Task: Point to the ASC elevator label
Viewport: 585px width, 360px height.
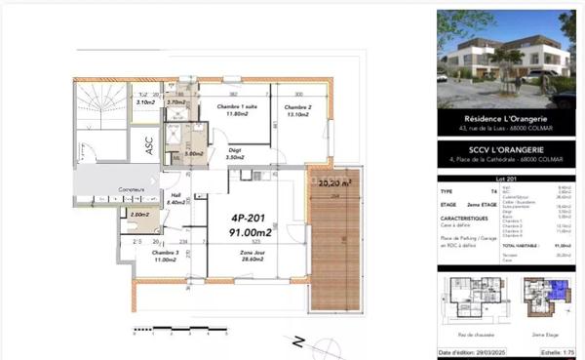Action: click(x=148, y=146)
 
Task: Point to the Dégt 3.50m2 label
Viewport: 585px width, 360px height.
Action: click(x=234, y=154)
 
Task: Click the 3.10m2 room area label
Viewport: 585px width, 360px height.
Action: click(x=146, y=102)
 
